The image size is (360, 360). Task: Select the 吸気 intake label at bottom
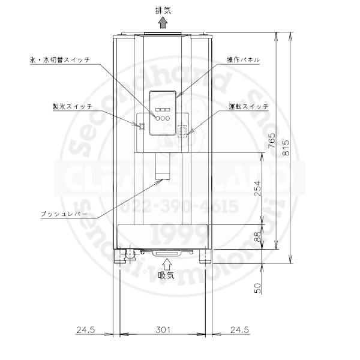pos(166,276)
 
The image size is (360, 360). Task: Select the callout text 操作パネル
pos(242,60)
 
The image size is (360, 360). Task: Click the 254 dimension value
pos(259,189)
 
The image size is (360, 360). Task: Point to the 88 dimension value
pos(259,236)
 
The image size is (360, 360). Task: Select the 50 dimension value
pos(259,287)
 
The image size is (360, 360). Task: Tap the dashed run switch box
pos(182,130)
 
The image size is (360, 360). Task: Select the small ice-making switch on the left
pos(142,126)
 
